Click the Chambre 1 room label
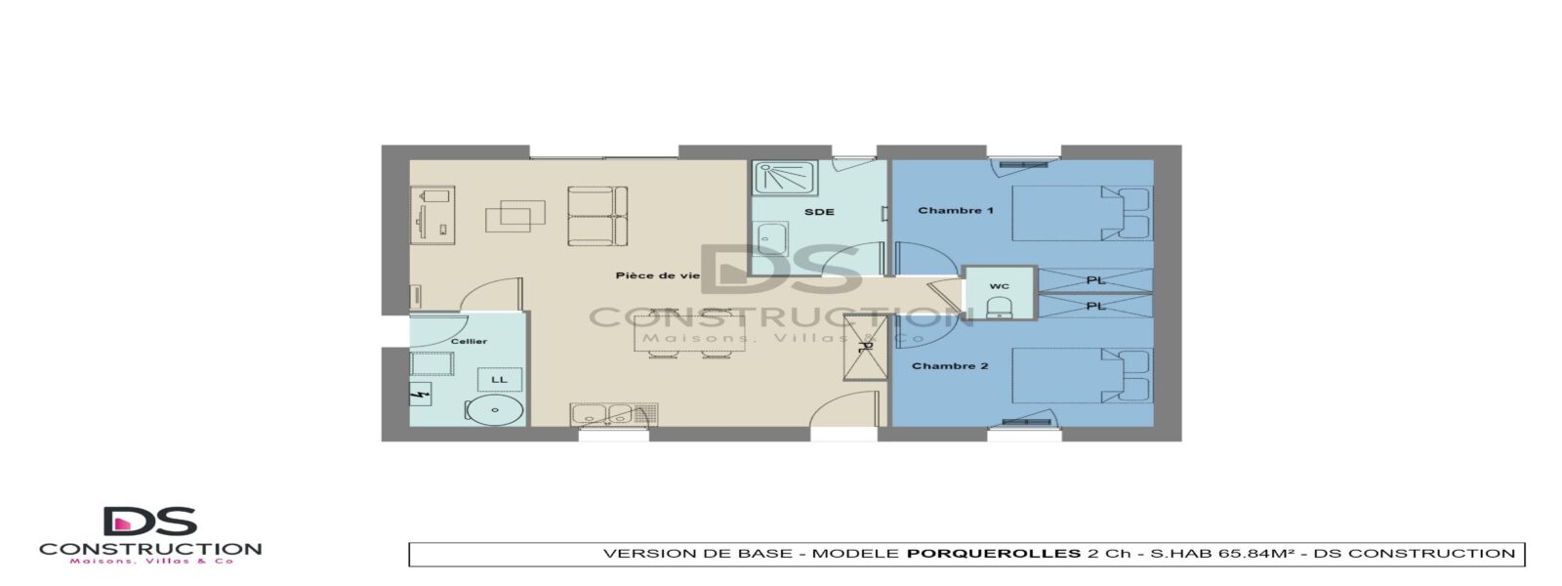pos(956,210)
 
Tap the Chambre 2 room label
pos(950,365)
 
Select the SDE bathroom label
pos(819,211)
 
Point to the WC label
pos(1000,286)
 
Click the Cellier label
pos(469,341)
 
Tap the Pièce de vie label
pos(658,275)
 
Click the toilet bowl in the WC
pos(1000,307)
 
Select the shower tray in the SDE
pos(785,178)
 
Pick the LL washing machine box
pos(499,380)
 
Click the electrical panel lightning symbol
pos(420,395)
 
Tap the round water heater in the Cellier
pos(495,410)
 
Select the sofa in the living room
pos(597,216)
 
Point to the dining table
pos(689,333)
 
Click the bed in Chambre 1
pos(1081,214)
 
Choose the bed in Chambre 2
pos(1081,375)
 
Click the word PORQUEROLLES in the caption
pos(994,554)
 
